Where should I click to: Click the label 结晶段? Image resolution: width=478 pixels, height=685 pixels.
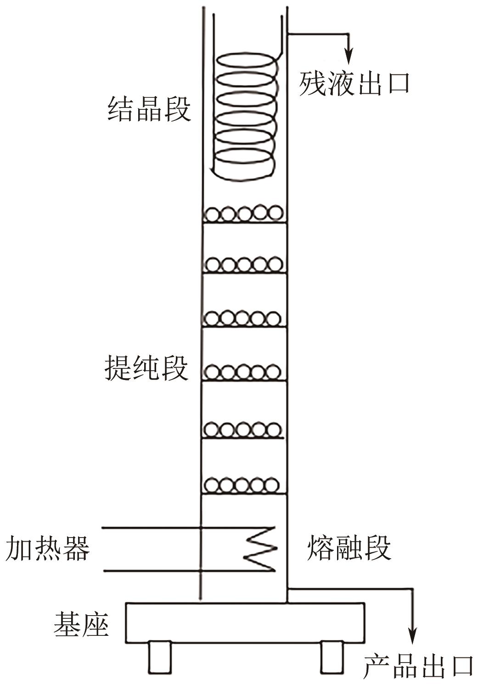click(x=149, y=109)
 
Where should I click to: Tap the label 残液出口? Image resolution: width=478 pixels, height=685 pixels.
click(x=354, y=84)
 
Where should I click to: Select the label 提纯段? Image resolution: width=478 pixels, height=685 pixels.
click(x=146, y=368)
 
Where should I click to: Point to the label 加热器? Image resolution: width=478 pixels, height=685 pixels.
click(x=48, y=549)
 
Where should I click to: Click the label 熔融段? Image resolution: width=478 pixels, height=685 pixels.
click(x=349, y=548)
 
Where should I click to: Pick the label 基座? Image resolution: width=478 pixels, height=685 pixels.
click(x=81, y=624)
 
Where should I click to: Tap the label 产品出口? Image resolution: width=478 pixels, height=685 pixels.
click(x=418, y=667)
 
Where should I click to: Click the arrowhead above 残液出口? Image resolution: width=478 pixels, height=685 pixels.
click(x=349, y=57)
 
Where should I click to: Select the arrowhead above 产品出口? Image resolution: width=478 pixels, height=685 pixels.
click(x=413, y=636)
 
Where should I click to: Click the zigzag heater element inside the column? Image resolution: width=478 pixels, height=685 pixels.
click(x=260, y=549)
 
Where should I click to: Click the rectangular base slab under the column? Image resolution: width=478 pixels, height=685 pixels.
click(x=245, y=623)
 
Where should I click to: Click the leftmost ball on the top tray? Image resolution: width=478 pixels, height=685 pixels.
click(x=213, y=215)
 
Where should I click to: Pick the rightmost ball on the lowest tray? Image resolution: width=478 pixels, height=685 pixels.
click(x=272, y=485)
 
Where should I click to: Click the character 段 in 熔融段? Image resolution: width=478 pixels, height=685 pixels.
click(x=377, y=548)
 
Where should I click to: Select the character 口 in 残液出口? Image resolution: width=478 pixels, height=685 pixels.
click(x=396, y=84)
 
